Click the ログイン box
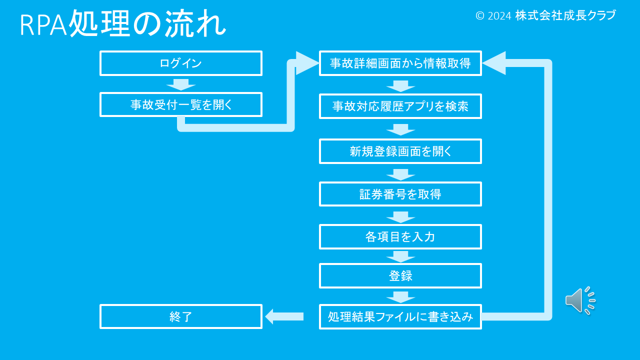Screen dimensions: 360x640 pyautogui.click(x=180, y=63)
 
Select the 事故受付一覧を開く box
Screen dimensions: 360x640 pyautogui.click(x=180, y=104)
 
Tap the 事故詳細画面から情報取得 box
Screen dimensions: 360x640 pyautogui.click(x=400, y=63)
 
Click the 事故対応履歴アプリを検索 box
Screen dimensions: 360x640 pyautogui.click(x=400, y=106)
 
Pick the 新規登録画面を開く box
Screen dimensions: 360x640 pyautogui.click(x=400, y=151)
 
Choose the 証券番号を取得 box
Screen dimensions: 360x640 pyautogui.click(x=400, y=194)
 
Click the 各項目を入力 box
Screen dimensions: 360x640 pyautogui.click(x=400, y=236)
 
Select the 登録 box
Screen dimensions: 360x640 pyautogui.click(x=400, y=275)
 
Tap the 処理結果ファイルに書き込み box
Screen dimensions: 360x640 pyautogui.click(x=400, y=316)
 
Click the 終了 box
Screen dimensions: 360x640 pyautogui.click(x=180, y=316)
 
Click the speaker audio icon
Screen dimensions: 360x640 pyautogui.click(x=580, y=300)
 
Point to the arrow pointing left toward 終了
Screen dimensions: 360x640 pyautogui.click(x=284, y=316)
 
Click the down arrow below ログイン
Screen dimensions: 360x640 pyautogui.click(x=180, y=84)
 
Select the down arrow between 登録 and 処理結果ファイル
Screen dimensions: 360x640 pyautogui.click(x=400, y=296)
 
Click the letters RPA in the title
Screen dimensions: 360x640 pyautogui.click(x=43, y=25)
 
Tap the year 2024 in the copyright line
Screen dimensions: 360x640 pyautogui.click(x=499, y=16)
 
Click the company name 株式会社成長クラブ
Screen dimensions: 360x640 pyautogui.click(x=565, y=15)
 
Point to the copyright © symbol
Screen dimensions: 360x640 pyautogui.click(x=480, y=16)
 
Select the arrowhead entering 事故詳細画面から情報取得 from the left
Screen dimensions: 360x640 pyautogui.click(x=306, y=63)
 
